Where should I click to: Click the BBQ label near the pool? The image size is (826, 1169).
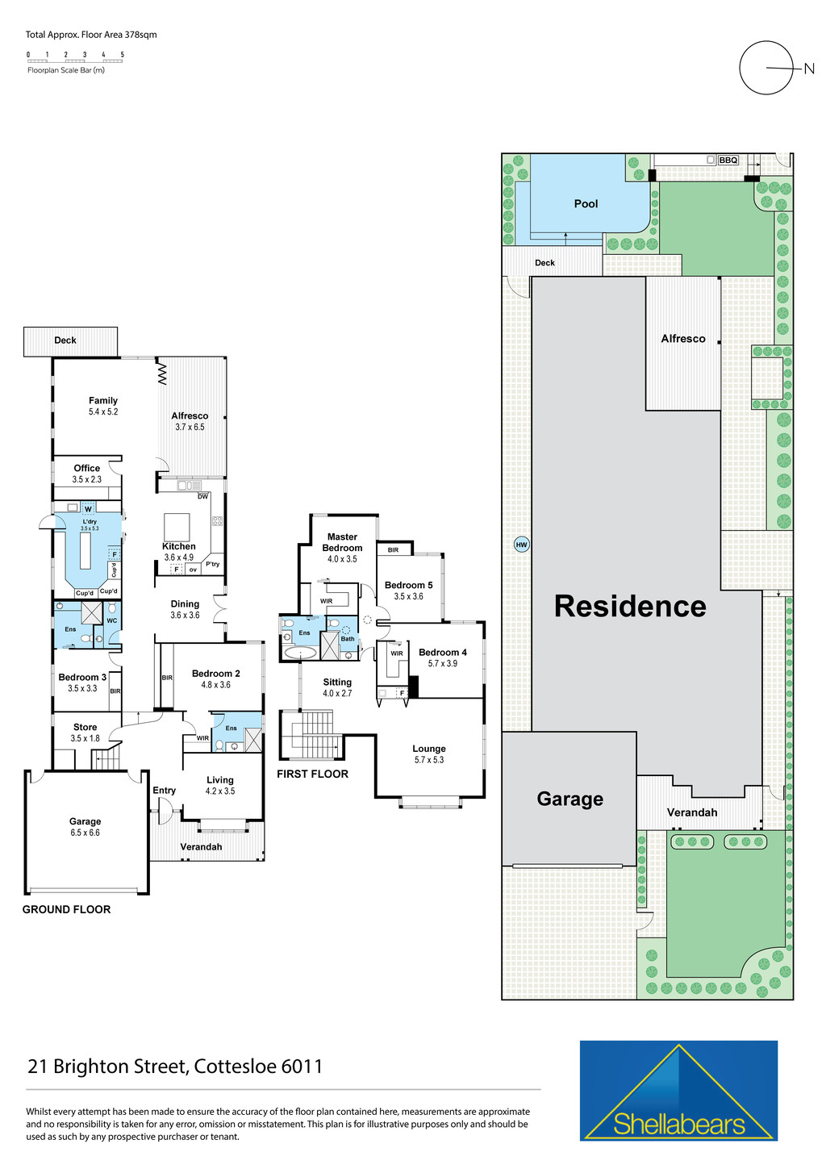click(x=728, y=161)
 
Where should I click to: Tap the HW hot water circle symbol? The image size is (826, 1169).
click(x=521, y=545)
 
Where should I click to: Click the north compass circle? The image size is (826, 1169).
click(x=767, y=69)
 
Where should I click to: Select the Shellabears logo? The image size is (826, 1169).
click(x=678, y=1091)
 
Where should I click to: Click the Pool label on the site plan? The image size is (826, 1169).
click(x=586, y=204)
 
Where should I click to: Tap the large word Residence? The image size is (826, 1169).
click(x=630, y=607)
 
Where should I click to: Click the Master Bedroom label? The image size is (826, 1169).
click(x=342, y=542)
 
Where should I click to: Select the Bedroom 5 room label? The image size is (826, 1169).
click(x=408, y=586)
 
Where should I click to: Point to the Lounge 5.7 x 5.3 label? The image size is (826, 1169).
click(x=429, y=754)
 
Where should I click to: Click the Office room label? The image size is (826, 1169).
click(x=87, y=469)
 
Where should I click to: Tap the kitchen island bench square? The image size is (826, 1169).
click(x=177, y=527)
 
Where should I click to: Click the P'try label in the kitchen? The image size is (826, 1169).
click(x=212, y=564)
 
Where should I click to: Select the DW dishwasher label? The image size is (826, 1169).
click(x=202, y=496)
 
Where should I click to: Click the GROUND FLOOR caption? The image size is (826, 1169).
click(x=66, y=909)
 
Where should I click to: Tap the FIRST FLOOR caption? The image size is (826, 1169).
click(x=312, y=774)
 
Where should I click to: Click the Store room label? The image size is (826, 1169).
click(x=85, y=728)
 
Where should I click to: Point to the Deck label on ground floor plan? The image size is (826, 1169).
click(x=65, y=340)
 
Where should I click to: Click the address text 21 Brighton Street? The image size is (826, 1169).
click(x=175, y=1067)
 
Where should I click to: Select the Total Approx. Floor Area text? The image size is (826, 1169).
click(x=91, y=35)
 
